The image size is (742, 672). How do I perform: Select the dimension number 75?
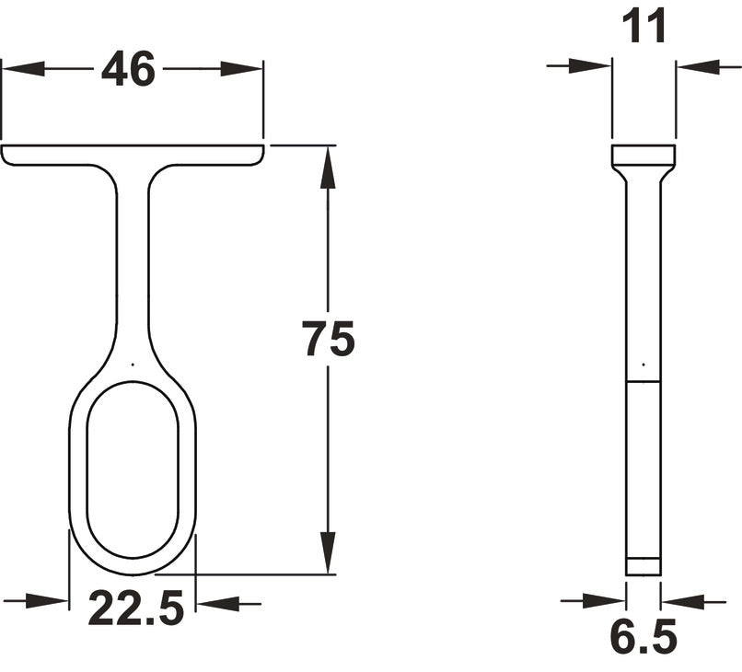328,341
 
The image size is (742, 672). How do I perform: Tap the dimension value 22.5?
136,608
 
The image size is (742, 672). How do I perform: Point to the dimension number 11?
643,29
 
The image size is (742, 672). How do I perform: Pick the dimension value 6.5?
643,637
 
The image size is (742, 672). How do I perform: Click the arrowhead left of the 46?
23,69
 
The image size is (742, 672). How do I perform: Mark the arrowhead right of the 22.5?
216,604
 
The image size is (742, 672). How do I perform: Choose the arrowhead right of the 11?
697,65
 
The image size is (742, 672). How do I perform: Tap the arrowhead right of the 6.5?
682,601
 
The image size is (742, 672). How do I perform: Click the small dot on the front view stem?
133,365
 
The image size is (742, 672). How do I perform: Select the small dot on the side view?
643,355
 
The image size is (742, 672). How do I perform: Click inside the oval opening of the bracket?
133,469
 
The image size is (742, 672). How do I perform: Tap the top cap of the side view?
643,155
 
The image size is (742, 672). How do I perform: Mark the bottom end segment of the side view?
643,567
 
